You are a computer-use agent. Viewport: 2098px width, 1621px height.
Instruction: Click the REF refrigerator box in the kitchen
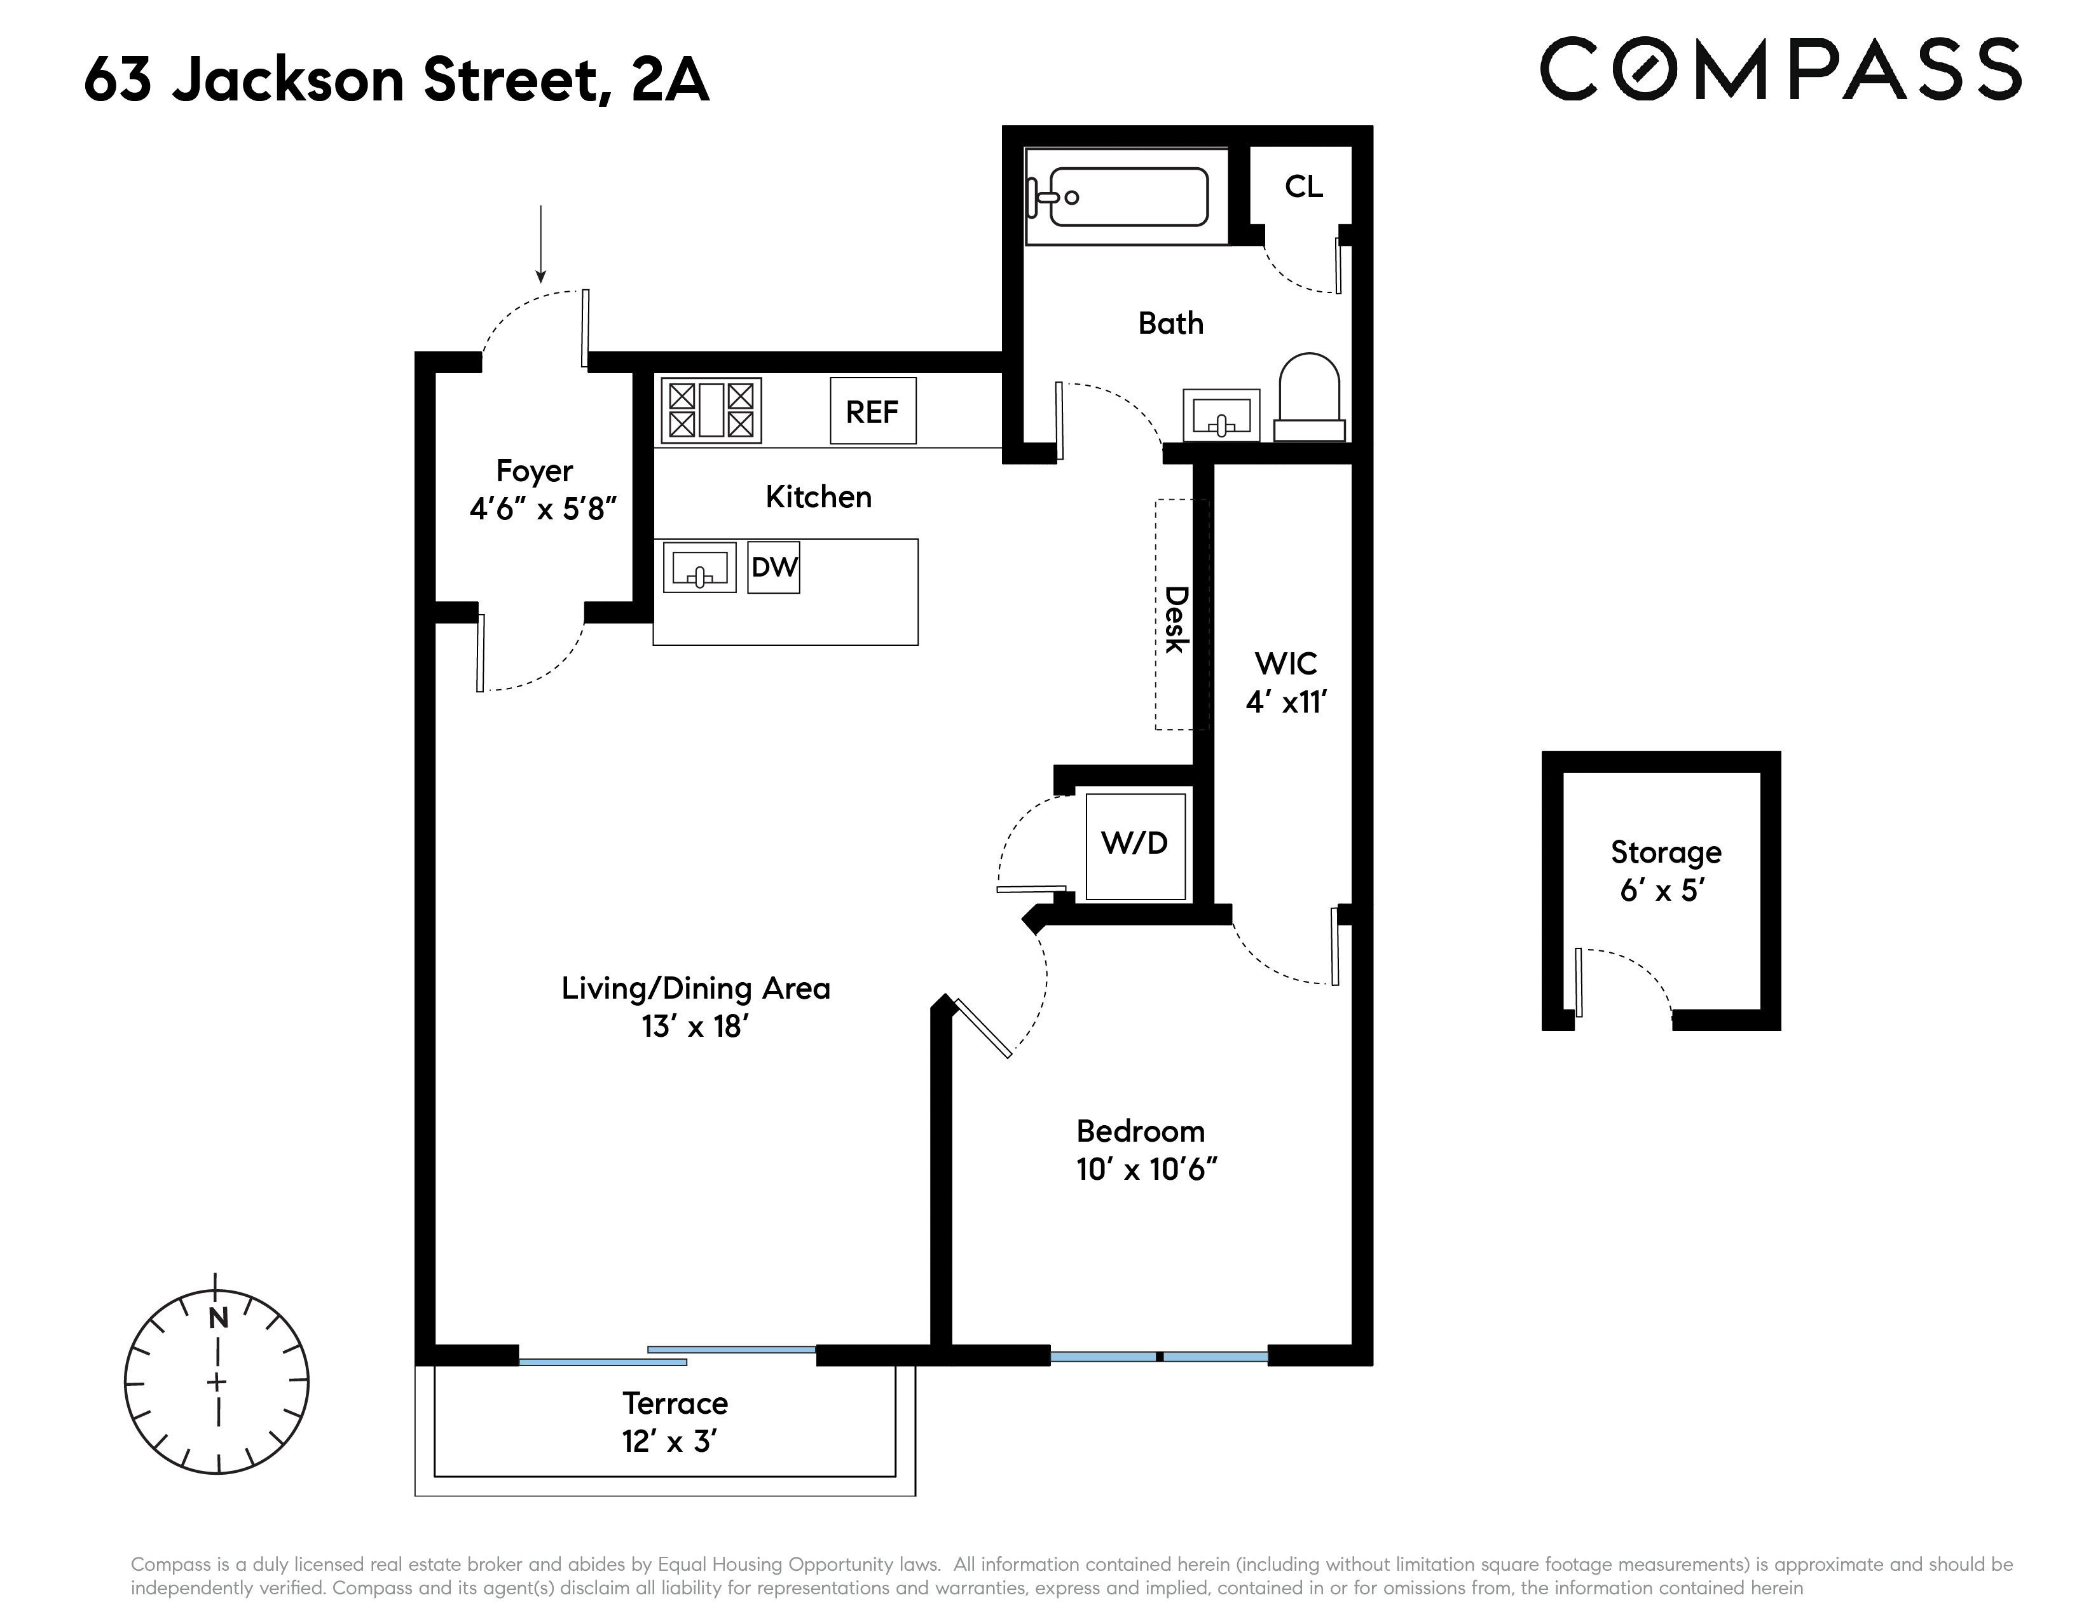(872, 411)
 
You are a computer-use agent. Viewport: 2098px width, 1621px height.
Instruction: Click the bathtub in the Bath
(1128, 197)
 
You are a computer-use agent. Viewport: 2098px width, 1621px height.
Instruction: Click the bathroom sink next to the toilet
(1221, 416)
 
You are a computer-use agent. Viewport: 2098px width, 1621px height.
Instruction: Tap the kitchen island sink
(699, 568)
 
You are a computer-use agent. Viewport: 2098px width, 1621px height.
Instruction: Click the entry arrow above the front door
(541, 244)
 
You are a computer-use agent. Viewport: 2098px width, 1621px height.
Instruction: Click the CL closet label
(1303, 186)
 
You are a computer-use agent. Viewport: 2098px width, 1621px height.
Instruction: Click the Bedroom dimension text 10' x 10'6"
(1147, 1170)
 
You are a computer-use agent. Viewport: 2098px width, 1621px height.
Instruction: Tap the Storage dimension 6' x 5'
(1662, 890)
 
